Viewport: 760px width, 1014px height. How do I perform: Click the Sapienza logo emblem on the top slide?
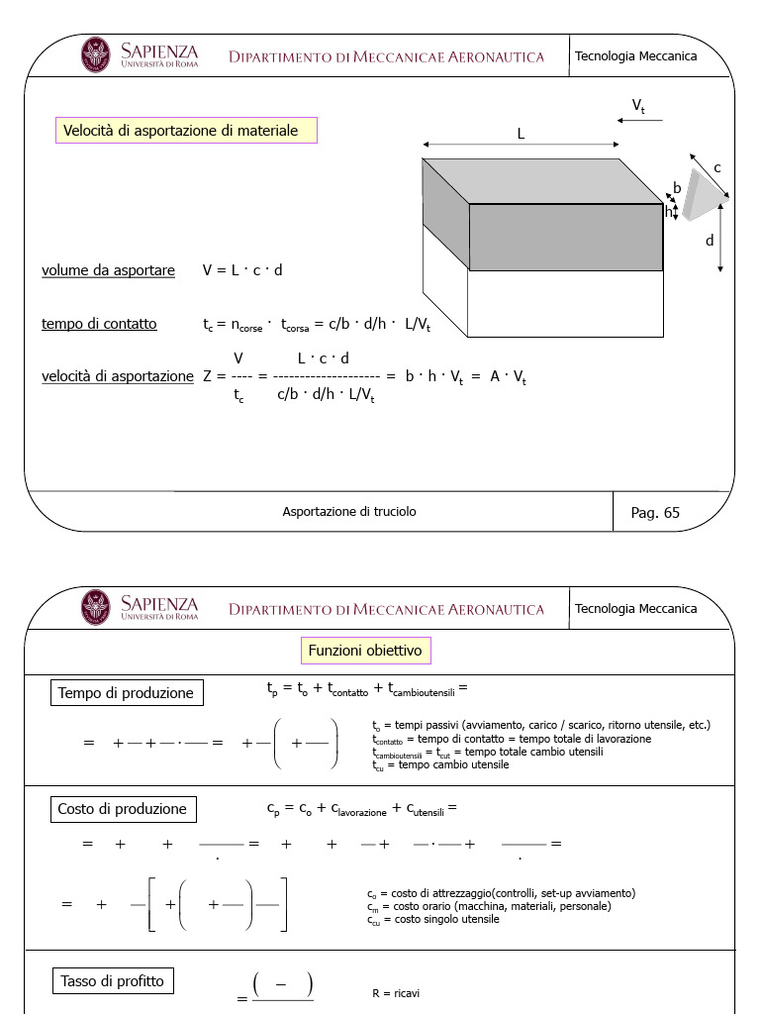96,54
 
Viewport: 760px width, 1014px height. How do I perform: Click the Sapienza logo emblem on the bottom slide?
96,607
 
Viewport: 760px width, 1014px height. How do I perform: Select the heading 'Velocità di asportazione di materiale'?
186,131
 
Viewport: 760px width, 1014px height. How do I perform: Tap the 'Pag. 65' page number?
655,512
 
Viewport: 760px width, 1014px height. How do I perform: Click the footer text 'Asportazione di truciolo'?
349,512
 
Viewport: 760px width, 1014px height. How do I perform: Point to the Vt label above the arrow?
638,106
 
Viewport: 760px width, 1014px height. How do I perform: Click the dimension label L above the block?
521,134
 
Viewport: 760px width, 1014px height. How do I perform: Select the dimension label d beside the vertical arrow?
710,241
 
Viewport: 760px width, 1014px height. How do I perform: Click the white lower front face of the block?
564,303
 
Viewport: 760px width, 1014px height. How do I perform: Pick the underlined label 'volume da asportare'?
108,270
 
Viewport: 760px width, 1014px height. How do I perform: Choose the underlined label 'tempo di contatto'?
99,324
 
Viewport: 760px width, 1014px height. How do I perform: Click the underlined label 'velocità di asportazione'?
118,376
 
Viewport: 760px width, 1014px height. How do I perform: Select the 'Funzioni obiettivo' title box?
365,651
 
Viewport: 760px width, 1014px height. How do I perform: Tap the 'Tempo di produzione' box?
127,693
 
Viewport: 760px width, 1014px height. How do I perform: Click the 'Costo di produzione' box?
123,809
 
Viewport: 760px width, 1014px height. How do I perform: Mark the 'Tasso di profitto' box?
112,981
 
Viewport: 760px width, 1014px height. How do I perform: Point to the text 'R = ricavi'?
396,993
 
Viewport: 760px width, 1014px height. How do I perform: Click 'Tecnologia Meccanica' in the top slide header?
636,56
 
